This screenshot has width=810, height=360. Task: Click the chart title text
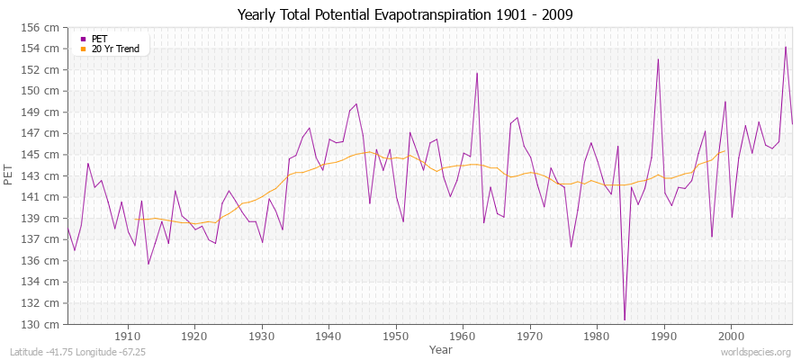[x=404, y=14]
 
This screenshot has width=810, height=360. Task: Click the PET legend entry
[x=99, y=39]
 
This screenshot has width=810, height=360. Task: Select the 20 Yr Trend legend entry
[x=115, y=49]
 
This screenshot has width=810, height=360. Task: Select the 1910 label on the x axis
[x=128, y=336]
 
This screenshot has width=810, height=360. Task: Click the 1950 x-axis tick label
[x=395, y=336]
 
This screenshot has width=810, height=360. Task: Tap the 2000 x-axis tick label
[x=730, y=336]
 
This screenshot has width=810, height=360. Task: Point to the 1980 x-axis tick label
[x=596, y=336]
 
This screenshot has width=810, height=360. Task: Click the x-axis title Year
[x=441, y=348]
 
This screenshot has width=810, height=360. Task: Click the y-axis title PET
[x=9, y=175]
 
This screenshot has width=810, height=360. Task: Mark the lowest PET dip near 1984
[x=625, y=319]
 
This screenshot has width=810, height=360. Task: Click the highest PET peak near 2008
[x=786, y=47]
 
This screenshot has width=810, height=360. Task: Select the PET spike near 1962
[x=476, y=73]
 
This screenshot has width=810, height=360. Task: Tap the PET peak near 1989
[x=658, y=59]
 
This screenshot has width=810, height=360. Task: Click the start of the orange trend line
[x=134, y=218]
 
